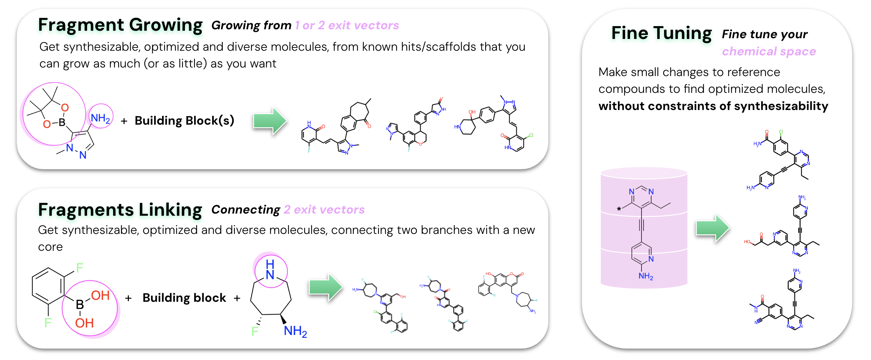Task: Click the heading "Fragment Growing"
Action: [x=120, y=25]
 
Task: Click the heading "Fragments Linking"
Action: [x=120, y=210]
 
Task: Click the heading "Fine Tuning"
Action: [x=661, y=33]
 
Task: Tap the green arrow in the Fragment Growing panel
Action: [x=270, y=121]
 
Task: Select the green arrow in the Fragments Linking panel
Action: [x=325, y=287]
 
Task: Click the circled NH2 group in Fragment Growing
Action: [x=100, y=118]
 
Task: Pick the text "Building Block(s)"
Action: [x=184, y=121]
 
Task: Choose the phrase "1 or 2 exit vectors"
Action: [x=347, y=25]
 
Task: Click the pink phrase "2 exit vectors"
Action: [x=324, y=210]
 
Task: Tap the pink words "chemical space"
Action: [x=769, y=51]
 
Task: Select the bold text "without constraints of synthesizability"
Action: [x=713, y=106]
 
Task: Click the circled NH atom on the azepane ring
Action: [x=270, y=270]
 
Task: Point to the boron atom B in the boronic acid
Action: [x=80, y=304]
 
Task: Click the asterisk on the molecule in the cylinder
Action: [x=619, y=209]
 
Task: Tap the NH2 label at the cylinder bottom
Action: [x=646, y=276]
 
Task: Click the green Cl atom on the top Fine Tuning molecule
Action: [x=781, y=132]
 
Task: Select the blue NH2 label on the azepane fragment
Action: [x=295, y=331]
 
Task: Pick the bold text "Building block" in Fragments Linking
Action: [x=184, y=298]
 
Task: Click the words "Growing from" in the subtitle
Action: [x=251, y=25]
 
